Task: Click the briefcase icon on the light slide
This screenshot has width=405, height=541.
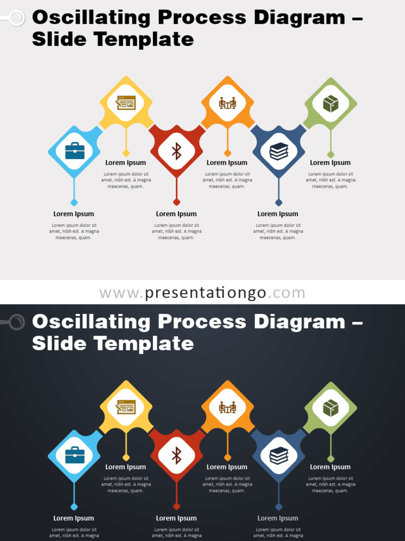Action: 74,151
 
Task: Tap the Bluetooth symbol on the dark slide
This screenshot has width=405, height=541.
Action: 177,455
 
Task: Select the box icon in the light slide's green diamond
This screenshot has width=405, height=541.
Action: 331,104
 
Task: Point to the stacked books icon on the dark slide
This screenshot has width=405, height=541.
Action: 279,455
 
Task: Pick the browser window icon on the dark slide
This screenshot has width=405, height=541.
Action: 126,407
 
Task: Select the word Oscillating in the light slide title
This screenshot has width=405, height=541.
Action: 91,17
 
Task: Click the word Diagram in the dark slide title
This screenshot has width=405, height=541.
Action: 298,322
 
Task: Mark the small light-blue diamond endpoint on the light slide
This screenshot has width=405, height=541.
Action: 74,202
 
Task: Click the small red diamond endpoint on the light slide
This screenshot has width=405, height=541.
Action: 177,202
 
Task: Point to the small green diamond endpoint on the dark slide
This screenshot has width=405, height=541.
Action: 331,459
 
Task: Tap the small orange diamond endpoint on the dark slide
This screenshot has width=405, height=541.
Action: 227,458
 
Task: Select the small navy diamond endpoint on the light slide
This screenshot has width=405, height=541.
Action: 279,202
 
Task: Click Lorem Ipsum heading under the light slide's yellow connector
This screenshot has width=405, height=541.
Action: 126,163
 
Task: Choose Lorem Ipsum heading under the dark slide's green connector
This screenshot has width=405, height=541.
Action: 330,467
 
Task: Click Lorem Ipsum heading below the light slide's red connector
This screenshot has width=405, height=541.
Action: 176,214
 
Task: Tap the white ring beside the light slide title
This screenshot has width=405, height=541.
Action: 17,18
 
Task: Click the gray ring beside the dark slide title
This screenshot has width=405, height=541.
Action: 17,322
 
